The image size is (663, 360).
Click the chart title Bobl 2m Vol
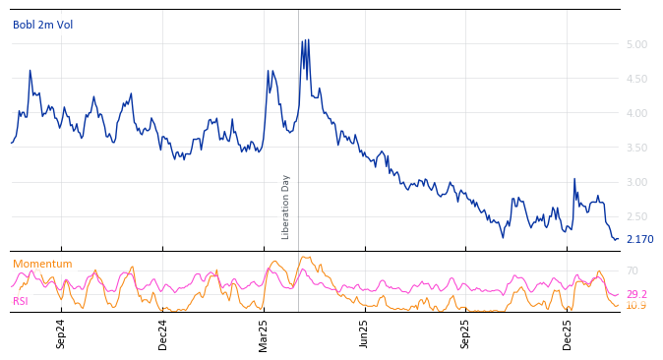42,26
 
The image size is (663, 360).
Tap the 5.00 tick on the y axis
635,44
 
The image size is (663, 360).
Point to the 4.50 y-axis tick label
635,79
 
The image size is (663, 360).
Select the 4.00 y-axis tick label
635,113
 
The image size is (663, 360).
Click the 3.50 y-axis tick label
635,148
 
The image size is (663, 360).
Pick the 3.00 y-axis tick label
635,182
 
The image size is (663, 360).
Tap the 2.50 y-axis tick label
635,216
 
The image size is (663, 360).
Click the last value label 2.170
639,239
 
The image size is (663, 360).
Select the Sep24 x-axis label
61,333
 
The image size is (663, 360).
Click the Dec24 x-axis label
163,333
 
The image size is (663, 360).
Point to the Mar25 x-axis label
264,333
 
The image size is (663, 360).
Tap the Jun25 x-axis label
365,333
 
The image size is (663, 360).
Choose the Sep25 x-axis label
466,333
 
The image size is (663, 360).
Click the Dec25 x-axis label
568,333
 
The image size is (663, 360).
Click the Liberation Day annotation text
286,207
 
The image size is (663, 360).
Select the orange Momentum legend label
42,264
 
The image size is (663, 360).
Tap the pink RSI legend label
21,301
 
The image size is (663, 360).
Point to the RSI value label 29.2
636,294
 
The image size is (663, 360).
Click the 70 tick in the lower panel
633,270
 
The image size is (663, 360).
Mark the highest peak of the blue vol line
303,40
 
